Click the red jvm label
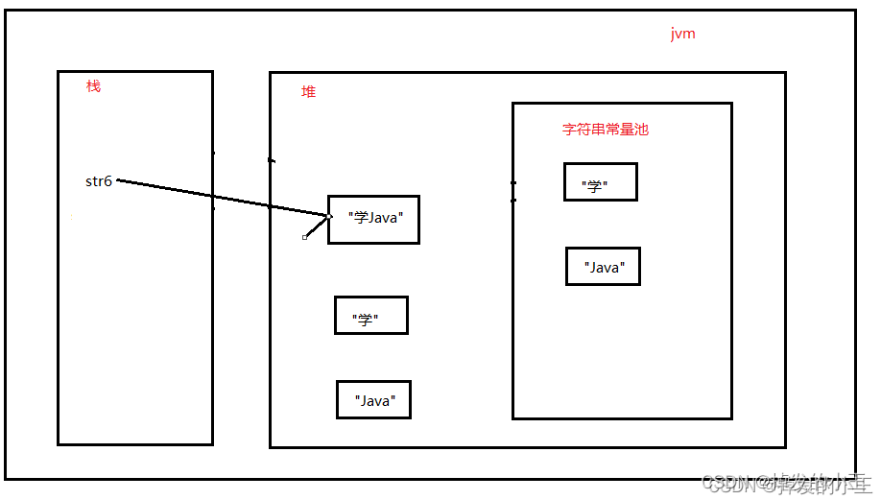tap(682, 35)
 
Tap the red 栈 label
tap(93, 86)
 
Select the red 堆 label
tap(308, 92)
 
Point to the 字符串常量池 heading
tap(605, 129)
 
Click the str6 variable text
tap(99, 181)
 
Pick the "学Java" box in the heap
tap(373, 219)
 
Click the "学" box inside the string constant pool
tap(600, 181)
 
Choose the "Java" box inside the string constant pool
tap(603, 267)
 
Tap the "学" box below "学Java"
tap(370, 315)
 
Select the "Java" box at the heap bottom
tap(373, 399)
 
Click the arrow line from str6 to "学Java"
tap(221, 198)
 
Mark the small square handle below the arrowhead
tap(305, 237)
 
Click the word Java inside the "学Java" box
tap(383, 219)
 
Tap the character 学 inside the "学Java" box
tap(361, 219)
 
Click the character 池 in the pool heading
tap(641, 129)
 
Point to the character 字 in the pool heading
tap(569, 129)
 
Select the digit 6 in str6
tap(108, 181)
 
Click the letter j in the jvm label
tap(673, 35)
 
